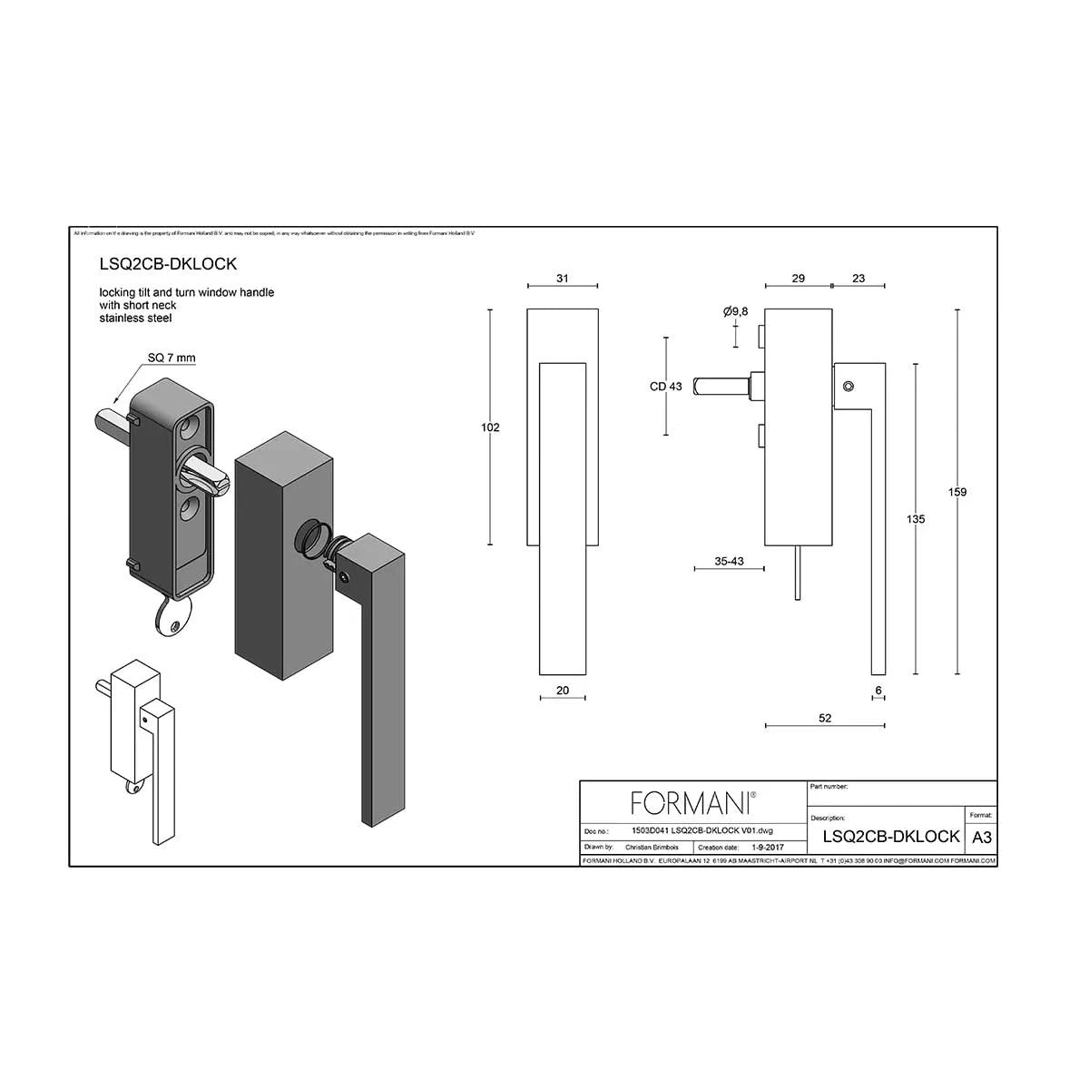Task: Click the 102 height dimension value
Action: click(x=490, y=427)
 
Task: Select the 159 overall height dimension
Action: click(x=957, y=492)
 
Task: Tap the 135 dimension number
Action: click(x=916, y=519)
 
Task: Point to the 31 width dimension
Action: click(x=562, y=279)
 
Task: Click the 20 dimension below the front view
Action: click(x=562, y=691)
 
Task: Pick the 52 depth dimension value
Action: click(x=825, y=718)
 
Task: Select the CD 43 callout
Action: click(x=665, y=387)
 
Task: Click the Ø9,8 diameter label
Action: click(x=736, y=312)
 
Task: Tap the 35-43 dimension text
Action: click(x=729, y=561)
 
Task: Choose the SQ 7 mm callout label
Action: click(x=172, y=358)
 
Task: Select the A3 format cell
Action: click(x=981, y=837)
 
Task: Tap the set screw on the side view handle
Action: click(x=848, y=387)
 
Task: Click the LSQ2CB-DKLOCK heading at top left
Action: click(x=168, y=263)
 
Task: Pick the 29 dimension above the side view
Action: click(x=798, y=279)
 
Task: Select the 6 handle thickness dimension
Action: click(x=878, y=691)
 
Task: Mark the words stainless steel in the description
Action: click(x=135, y=318)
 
